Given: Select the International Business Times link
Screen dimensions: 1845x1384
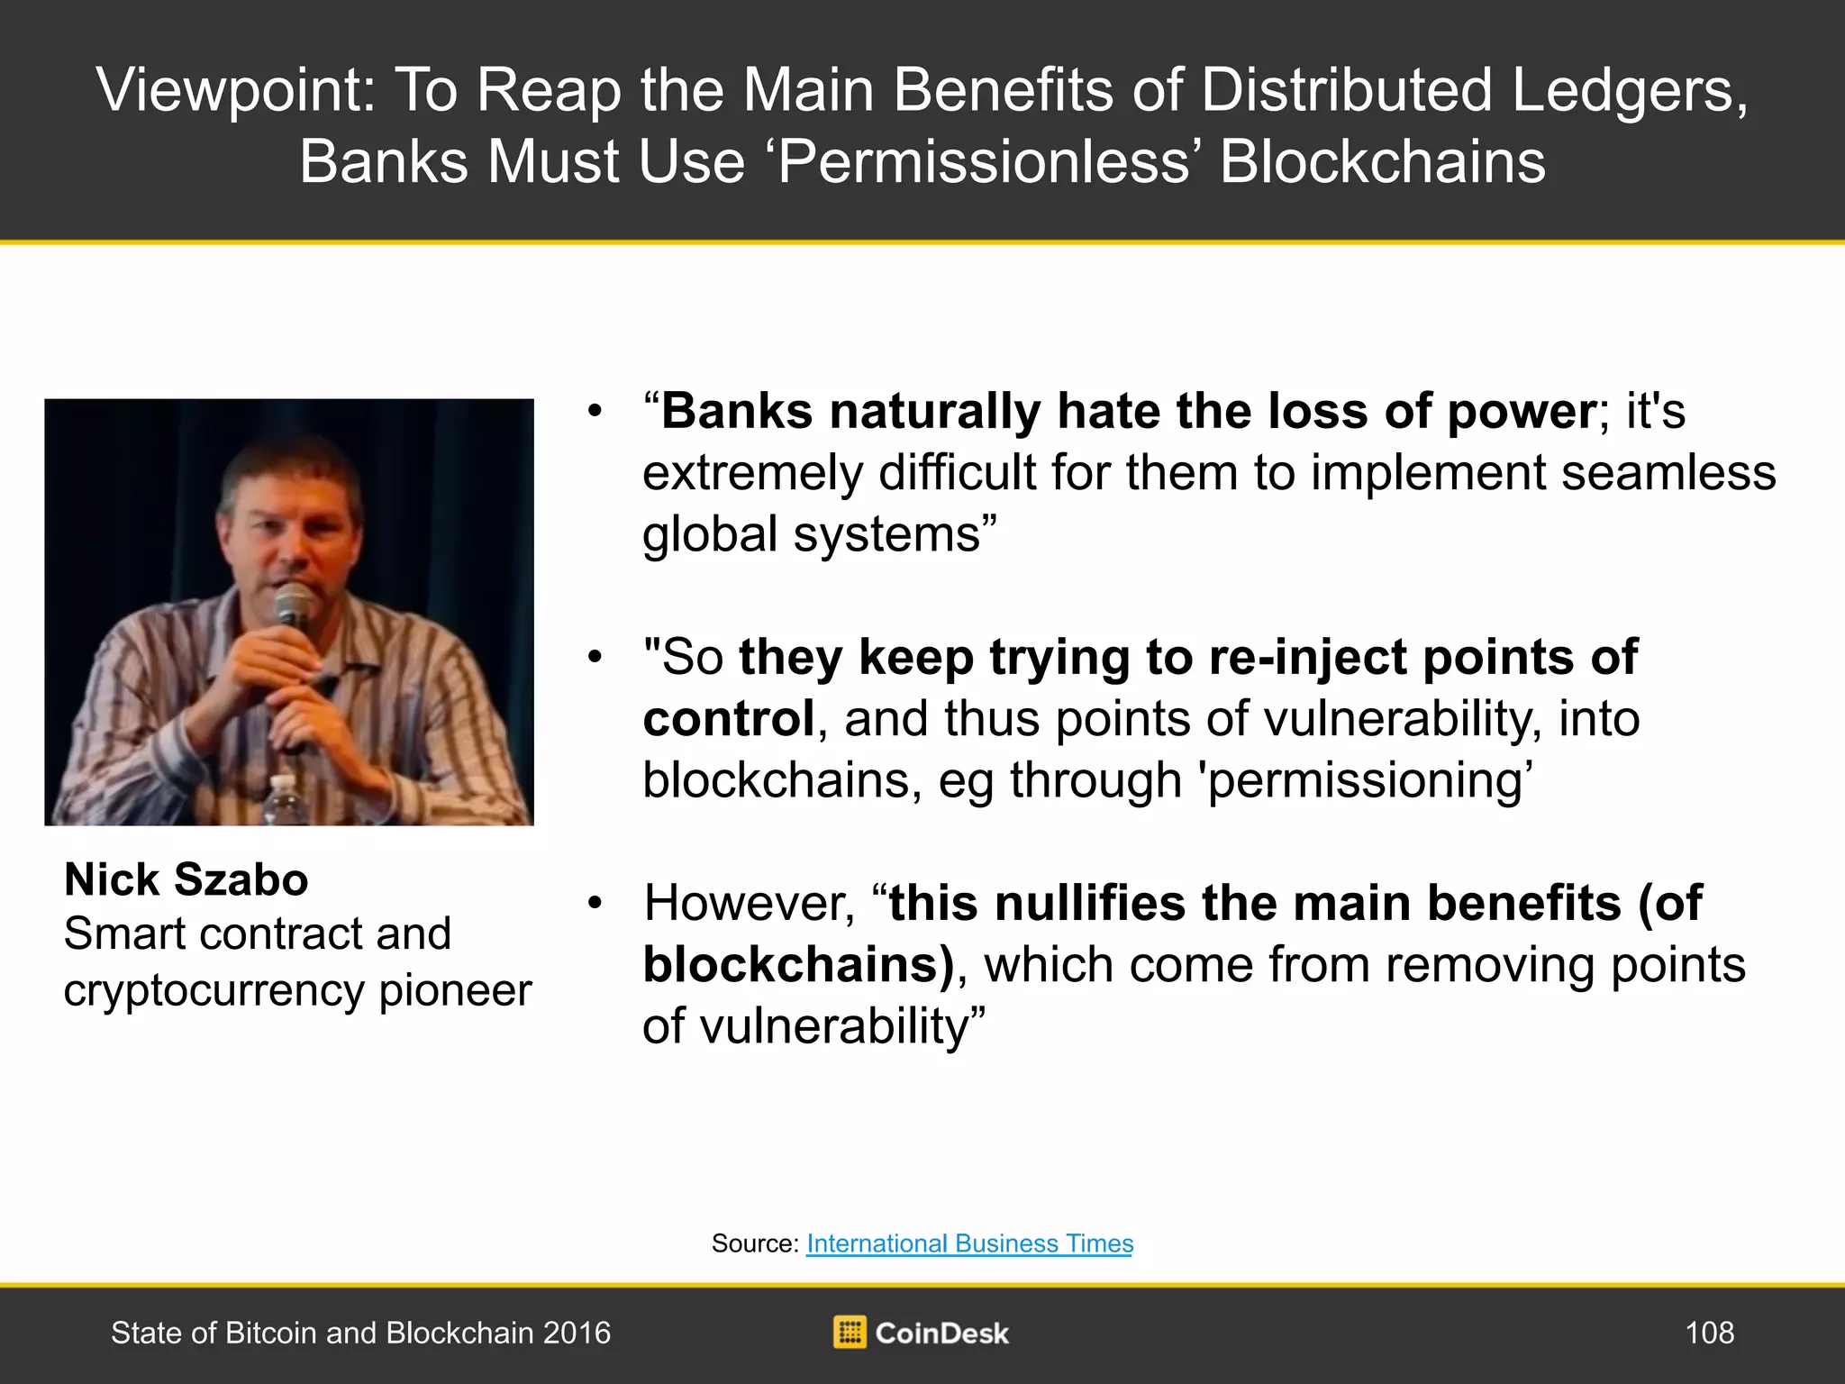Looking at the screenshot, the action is coord(969,1243).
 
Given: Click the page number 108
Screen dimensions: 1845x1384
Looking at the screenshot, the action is coord(1709,1333).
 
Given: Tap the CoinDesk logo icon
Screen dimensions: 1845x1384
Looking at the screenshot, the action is coord(850,1332).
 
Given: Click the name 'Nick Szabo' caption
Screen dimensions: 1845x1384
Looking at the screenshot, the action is coord(186,879).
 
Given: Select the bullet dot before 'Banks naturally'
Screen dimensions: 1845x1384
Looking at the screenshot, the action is coord(594,413).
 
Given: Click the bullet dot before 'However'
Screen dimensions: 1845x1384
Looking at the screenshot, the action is coord(594,904).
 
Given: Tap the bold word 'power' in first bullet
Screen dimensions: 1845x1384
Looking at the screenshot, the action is coord(1521,413).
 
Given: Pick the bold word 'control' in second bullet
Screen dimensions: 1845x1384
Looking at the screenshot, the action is coord(729,719).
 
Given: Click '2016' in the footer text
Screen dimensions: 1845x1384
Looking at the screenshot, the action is coord(576,1333).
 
